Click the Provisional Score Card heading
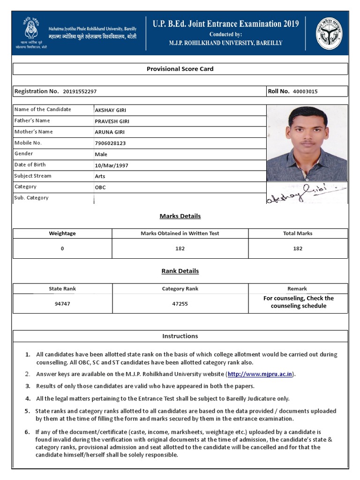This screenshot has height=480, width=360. (x=180, y=69)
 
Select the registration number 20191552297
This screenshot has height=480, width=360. (x=80, y=92)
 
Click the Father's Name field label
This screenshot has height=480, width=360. (x=32, y=121)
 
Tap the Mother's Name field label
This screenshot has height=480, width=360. (x=33, y=132)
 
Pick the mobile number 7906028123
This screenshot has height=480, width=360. (x=110, y=143)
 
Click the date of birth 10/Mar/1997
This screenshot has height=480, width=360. (x=112, y=165)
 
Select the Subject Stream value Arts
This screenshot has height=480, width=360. (x=100, y=177)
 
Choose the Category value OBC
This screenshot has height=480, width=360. (x=100, y=187)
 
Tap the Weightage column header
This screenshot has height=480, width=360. (x=62, y=233)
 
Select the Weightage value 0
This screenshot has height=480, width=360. (x=62, y=249)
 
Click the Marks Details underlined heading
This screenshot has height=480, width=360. (x=180, y=216)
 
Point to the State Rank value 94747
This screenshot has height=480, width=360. (x=62, y=304)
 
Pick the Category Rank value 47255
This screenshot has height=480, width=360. (x=180, y=304)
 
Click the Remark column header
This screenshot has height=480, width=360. (x=297, y=289)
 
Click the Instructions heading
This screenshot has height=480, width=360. (x=180, y=336)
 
